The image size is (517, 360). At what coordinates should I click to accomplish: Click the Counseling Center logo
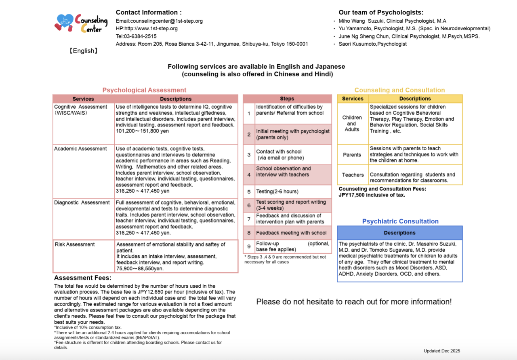coord(81,23)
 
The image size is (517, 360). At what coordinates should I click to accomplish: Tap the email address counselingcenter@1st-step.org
coord(159,21)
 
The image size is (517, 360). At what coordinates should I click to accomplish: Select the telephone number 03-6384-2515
coord(136,36)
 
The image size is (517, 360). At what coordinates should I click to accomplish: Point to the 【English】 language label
coord(83,51)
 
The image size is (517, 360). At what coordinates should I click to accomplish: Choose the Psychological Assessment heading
coord(144,90)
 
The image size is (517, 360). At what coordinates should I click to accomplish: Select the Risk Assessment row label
coord(75,244)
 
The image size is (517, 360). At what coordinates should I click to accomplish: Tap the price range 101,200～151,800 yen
coord(142,131)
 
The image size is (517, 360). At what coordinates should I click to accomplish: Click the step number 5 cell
coord(249,192)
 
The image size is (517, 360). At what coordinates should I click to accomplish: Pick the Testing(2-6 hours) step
coord(277,192)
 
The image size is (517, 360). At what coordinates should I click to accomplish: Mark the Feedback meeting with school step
coord(291,233)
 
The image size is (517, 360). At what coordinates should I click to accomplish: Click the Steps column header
coord(287,99)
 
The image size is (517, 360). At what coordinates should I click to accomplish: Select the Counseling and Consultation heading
coord(399,90)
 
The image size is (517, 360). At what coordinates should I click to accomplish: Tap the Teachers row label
coord(353,175)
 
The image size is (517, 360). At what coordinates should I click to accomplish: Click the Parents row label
coord(352,155)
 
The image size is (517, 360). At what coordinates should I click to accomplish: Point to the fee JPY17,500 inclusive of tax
coord(372,195)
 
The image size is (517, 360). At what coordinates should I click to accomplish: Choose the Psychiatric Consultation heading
coord(400,221)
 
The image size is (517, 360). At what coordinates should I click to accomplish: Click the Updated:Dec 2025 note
coord(442,351)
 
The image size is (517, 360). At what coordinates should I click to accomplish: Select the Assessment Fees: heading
coord(83,278)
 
